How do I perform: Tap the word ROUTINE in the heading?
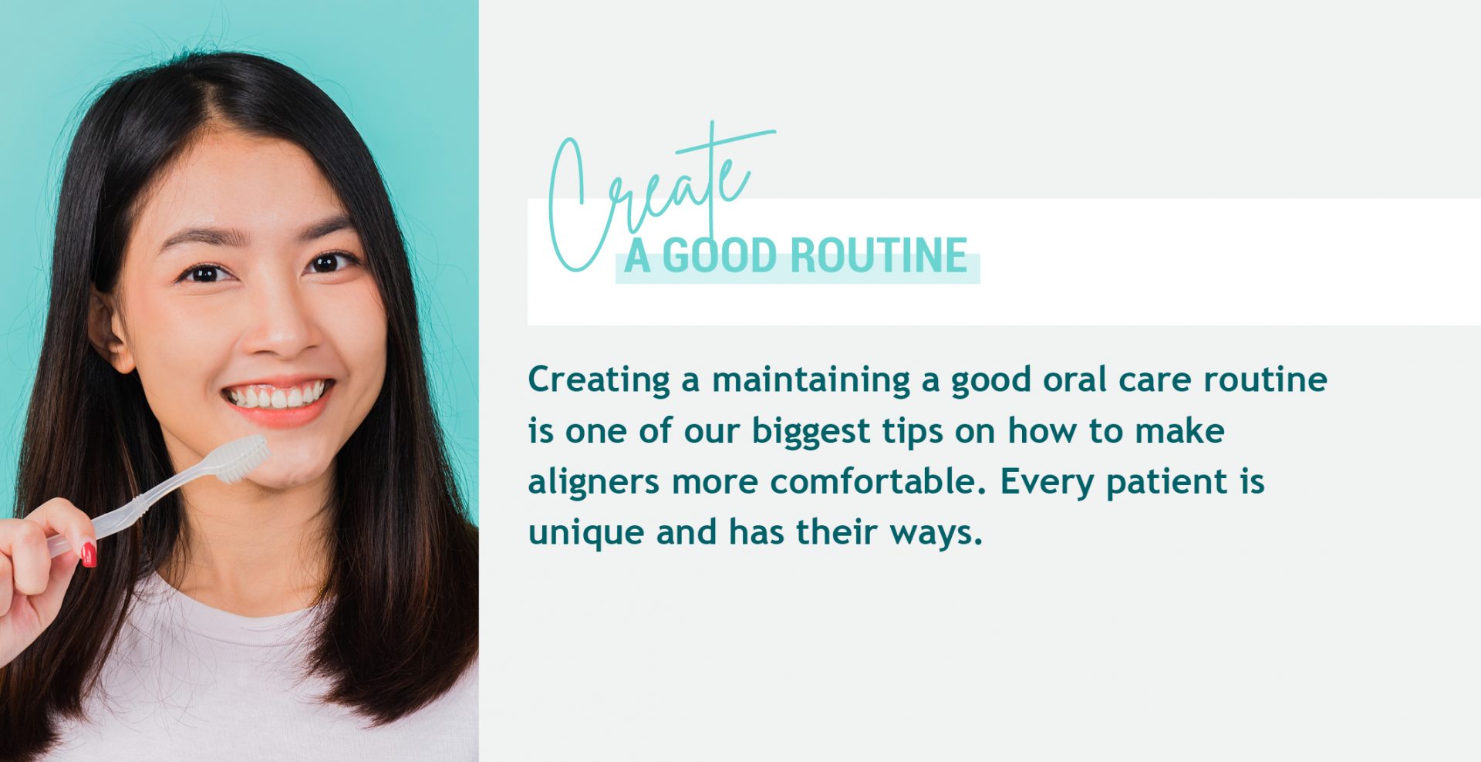[x=879, y=255]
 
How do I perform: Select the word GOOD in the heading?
[x=719, y=255]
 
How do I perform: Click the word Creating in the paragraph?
[x=599, y=380]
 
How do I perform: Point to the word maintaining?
[x=811, y=380]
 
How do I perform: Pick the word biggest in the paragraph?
[x=811, y=431]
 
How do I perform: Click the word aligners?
[x=593, y=483]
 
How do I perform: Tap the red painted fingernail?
[x=89, y=554]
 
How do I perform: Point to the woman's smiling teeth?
[x=275, y=396]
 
